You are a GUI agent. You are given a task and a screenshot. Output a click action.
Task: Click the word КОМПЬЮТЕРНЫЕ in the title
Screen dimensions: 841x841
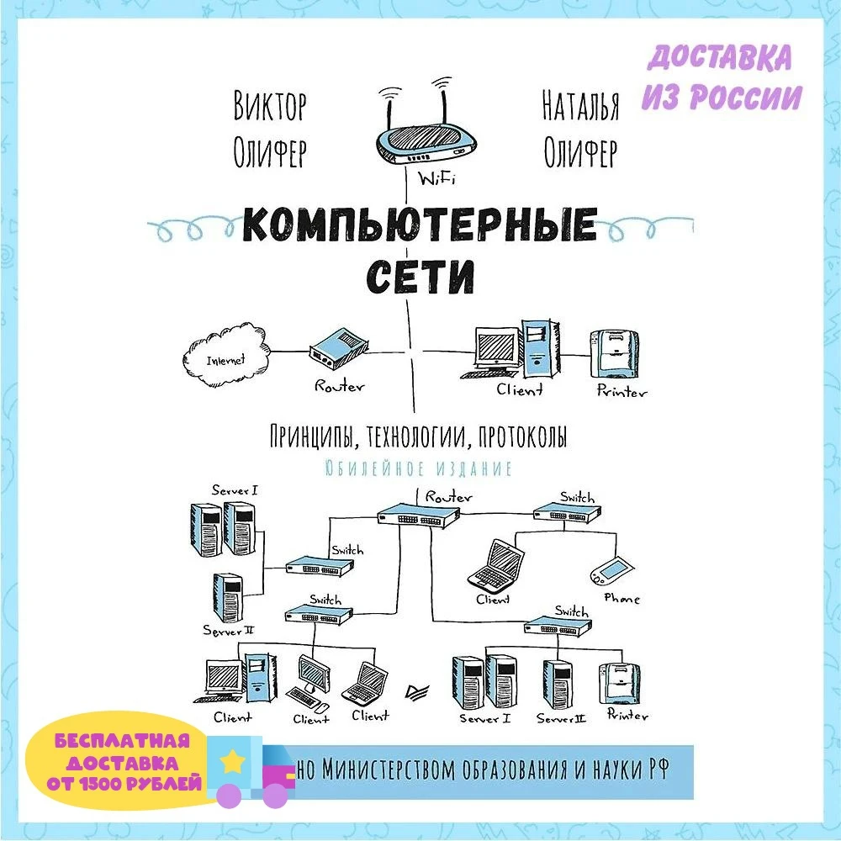coord(419,225)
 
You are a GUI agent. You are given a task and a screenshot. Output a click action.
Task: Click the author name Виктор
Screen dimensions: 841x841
coord(269,108)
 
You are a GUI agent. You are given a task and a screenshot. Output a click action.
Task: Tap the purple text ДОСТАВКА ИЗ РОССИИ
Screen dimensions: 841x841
coord(721,77)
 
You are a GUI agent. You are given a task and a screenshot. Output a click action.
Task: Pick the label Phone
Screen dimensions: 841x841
coord(622,599)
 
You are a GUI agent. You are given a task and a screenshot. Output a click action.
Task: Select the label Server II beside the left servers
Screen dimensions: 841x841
coord(228,629)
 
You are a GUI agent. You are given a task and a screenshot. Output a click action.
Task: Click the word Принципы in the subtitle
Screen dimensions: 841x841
coord(304,437)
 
